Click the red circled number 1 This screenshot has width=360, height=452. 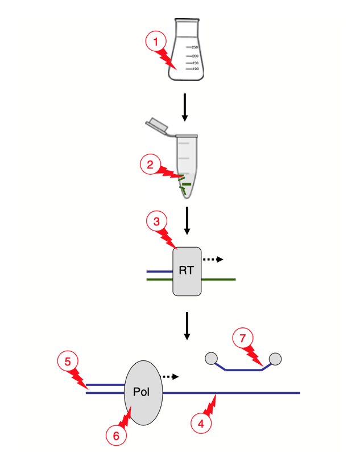(x=155, y=41)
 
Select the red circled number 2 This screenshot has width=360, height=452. (x=150, y=165)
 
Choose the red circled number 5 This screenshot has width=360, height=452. (x=67, y=361)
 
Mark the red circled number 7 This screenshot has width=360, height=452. (x=242, y=338)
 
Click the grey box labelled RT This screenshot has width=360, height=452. (x=187, y=271)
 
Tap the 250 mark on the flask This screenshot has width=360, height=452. (x=195, y=47)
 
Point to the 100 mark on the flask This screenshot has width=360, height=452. (x=195, y=69)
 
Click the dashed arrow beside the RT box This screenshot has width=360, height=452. (x=213, y=260)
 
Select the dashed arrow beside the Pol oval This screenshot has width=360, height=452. (x=170, y=376)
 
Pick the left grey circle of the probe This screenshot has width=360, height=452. (x=211, y=358)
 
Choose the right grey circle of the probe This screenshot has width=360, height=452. (x=275, y=359)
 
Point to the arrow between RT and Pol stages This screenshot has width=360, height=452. (x=187, y=325)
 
